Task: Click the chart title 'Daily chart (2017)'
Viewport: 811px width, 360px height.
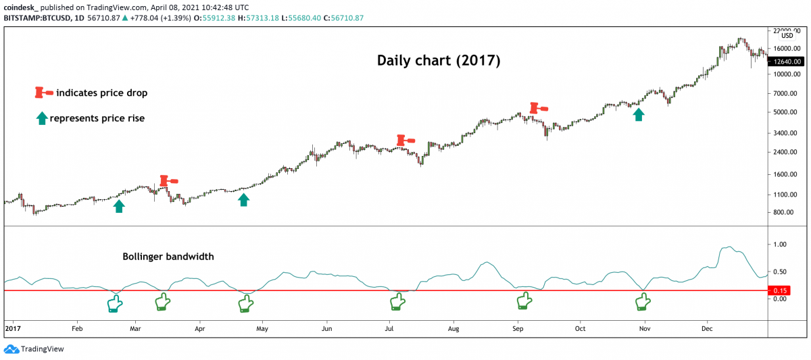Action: point(438,61)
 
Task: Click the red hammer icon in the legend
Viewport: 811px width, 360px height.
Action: point(44,93)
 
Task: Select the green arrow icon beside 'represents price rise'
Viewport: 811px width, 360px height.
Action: point(42,118)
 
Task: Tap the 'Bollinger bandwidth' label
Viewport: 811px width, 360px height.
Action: point(168,257)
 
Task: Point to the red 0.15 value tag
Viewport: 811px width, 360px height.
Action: point(779,291)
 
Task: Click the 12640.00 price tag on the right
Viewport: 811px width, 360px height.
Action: point(789,61)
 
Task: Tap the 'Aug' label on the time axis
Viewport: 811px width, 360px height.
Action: point(453,329)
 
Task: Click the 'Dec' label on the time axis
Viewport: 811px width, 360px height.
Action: point(708,329)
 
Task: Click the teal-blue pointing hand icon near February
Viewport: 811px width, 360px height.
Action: point(116,304)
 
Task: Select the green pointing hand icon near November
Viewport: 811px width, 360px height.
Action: point(642,303)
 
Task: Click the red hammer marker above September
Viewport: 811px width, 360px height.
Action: point(538,107)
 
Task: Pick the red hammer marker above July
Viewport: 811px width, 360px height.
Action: point(405,140)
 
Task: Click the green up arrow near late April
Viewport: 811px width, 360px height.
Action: point(244,199)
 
